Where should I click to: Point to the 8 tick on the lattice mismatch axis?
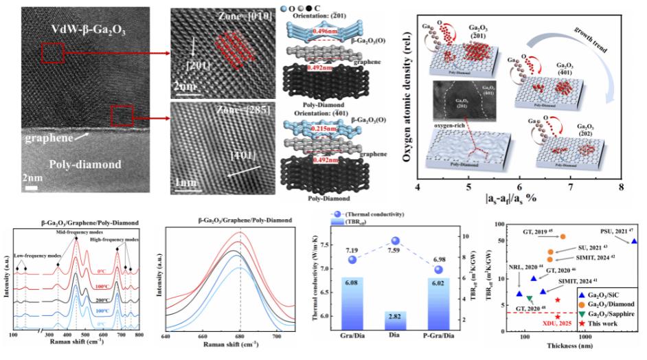[x=621, y=187]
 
